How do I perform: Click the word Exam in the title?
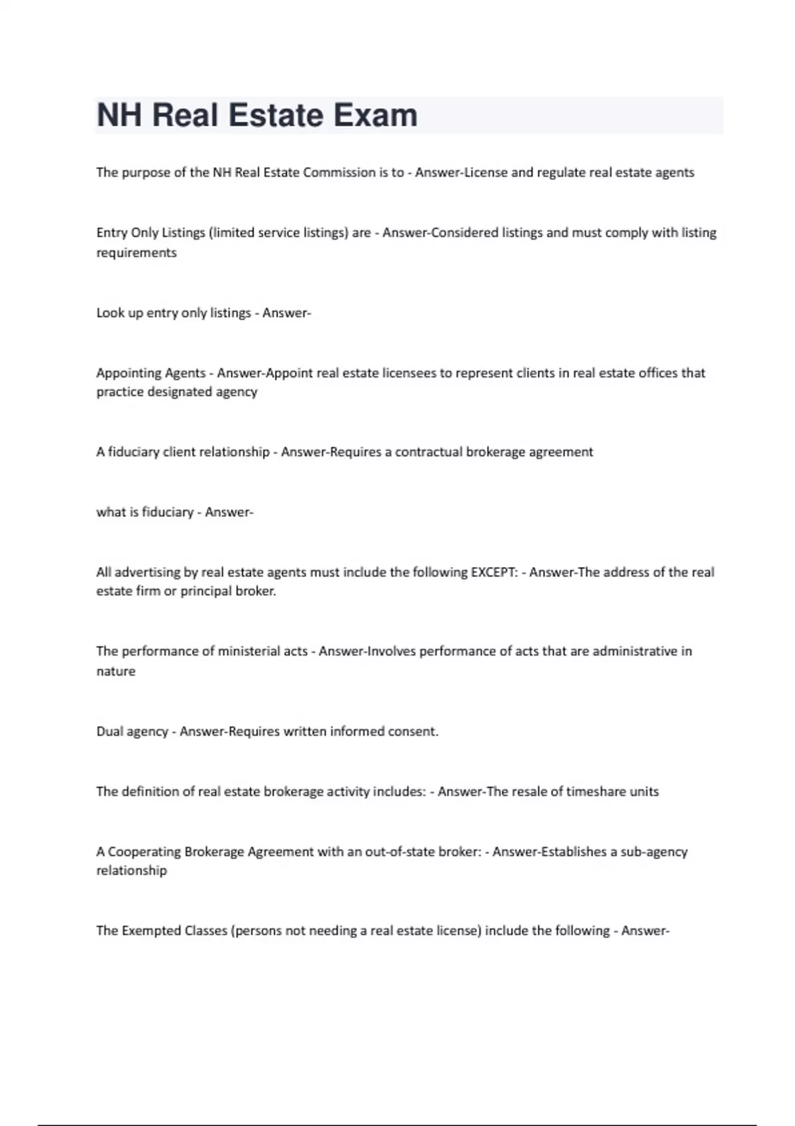coord(375,115)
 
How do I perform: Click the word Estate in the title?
coord(276,115)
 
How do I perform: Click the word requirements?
coord(136,253)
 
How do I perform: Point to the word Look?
coord(110,313)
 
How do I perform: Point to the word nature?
coord(116,672)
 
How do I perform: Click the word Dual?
coord(109,731)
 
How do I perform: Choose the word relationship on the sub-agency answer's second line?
coord(132,871)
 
